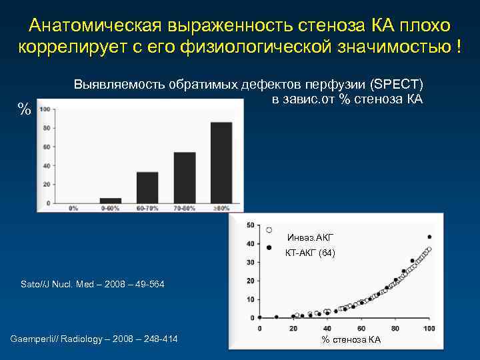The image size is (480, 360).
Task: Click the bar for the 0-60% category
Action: click(x=111, y=200)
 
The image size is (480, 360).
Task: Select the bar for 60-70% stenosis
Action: click(x=147, y=187)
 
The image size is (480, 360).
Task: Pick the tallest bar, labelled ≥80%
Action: click(x=221, y=163)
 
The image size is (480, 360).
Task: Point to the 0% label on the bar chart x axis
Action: click(x=73, y=208)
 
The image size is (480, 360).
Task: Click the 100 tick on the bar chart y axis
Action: click(x=46, y=109)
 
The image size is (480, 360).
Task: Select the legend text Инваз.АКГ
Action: click(x=310, y=237)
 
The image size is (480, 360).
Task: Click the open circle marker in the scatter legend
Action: click(x=269, y=230)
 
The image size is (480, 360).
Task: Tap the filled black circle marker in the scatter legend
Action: click(x=269, y=247)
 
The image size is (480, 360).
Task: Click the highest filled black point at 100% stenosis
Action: click(x=429, y=237)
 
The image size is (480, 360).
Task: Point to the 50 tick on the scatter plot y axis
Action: click(x=249, y=225)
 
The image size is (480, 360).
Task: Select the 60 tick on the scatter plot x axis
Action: click(x=361, y=329)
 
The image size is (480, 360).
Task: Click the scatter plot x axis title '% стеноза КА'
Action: click(x=351, y=340)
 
